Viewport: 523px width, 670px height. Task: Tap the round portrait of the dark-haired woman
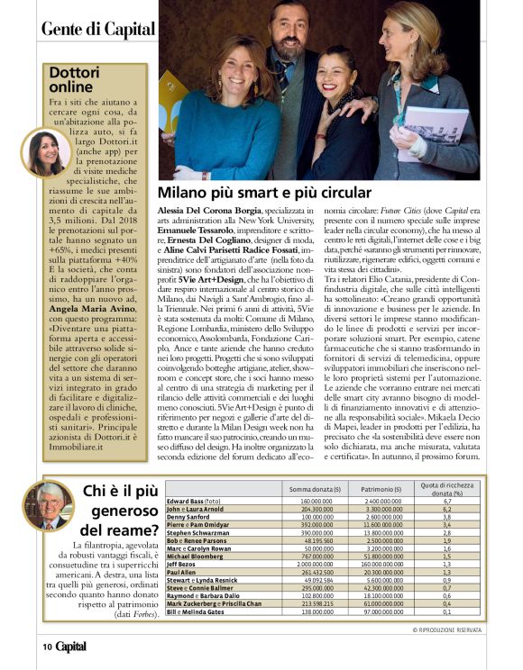pos(44,152)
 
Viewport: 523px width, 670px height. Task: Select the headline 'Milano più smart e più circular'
pos(264,193)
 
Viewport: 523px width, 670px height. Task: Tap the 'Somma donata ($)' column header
pos(312,488)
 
